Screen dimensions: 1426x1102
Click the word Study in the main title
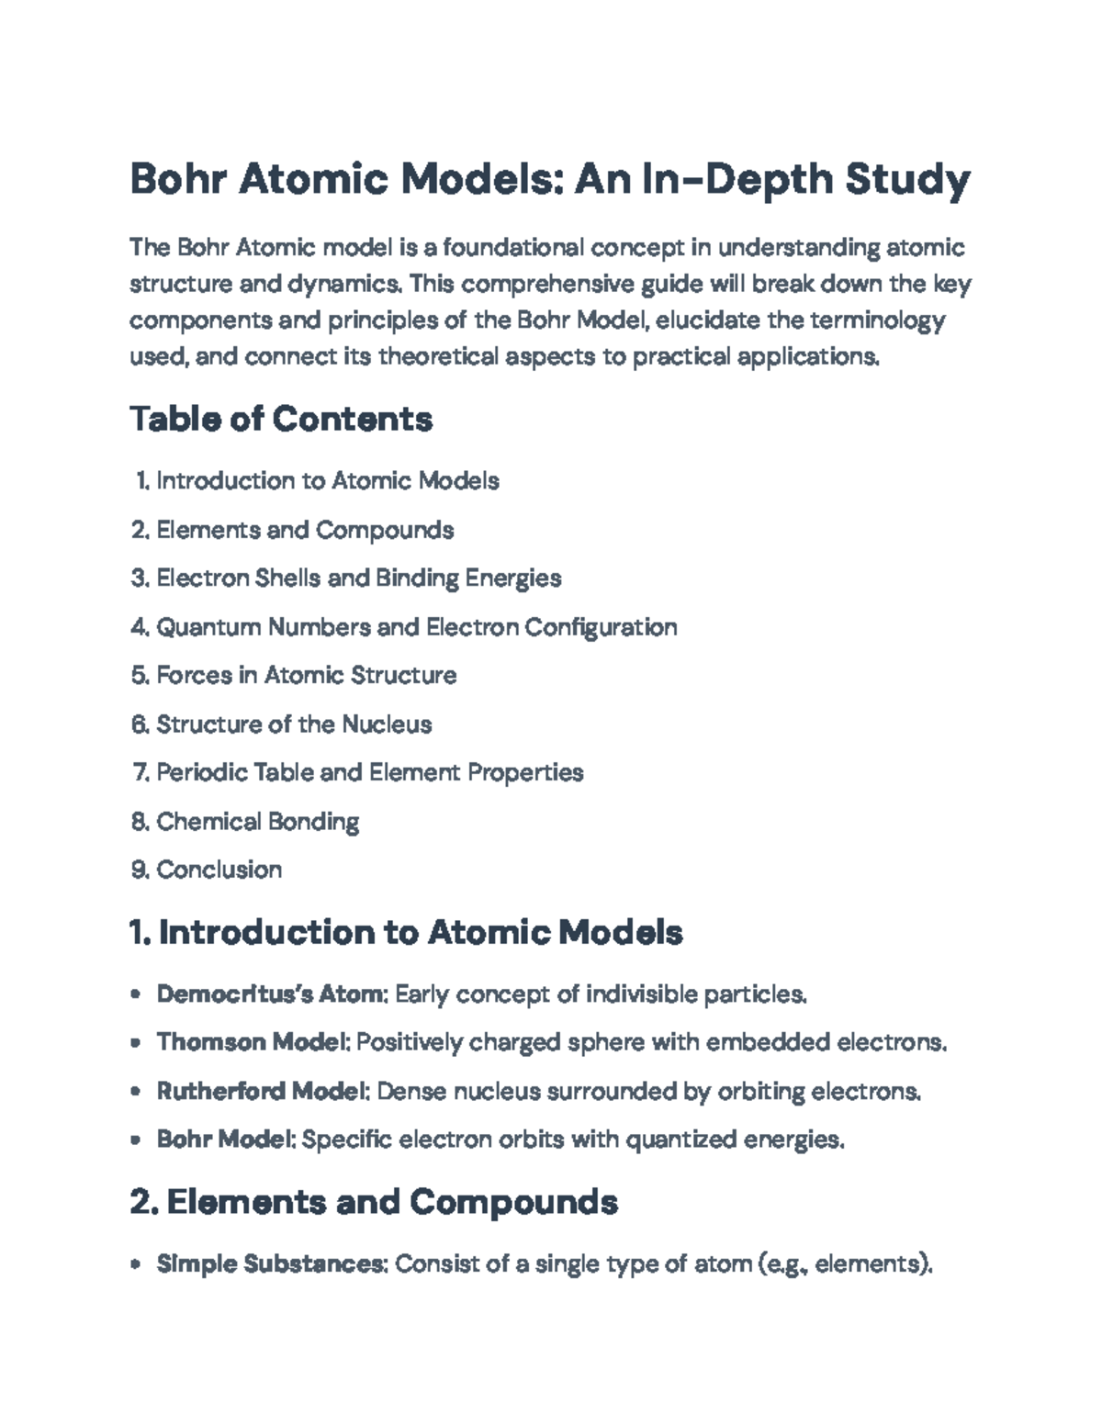click(906, 179)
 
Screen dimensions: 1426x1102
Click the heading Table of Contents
click(281, 420)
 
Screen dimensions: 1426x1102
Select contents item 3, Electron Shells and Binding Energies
click(358, 578)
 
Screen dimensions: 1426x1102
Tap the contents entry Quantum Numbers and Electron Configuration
click(416, 627)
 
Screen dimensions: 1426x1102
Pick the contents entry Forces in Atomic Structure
click(306, 676)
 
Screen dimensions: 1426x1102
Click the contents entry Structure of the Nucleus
click(293, 724)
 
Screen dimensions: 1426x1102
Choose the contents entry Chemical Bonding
click(257, 821)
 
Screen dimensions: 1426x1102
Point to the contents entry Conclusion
click(219, 870)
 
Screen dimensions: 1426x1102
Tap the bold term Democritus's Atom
click(272, 994)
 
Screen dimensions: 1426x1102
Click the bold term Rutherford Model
click(262, 1092)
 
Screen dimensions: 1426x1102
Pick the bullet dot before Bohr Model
click(136, 1140)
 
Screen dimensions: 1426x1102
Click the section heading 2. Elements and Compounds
click(374, 1202)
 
